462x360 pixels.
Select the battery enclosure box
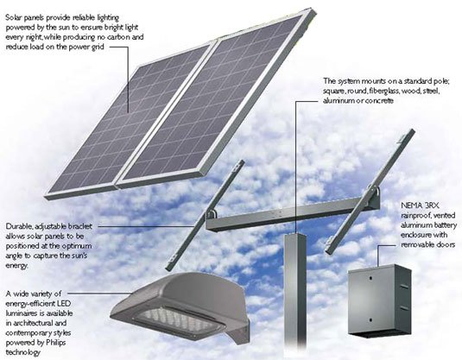379,300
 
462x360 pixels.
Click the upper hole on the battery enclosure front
370,278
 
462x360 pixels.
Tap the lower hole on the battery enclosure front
370,320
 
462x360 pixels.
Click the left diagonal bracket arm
205,215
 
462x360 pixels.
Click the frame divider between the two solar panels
165,113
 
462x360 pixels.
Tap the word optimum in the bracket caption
79,246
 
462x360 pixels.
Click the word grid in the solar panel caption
98,47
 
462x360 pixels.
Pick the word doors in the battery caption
446,244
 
